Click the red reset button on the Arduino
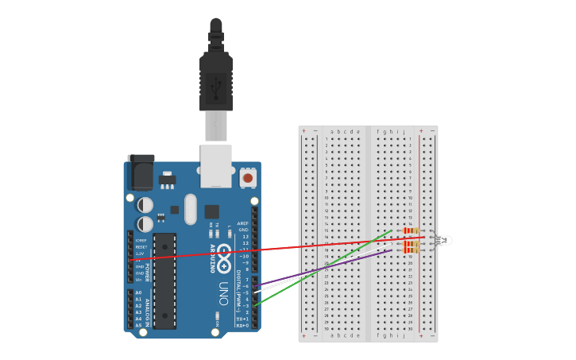coord(248,178)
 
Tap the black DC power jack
coord(141,172)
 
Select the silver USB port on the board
coord(215,165)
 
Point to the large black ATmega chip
coord(164,280)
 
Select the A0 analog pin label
coord(138,292)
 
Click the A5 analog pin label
coord(138,325)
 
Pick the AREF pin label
coord(243,223)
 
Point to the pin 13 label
coord(245,236)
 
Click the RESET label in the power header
coord(141,246)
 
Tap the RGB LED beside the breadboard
coord(443,240)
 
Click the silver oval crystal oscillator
coord(190,209)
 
